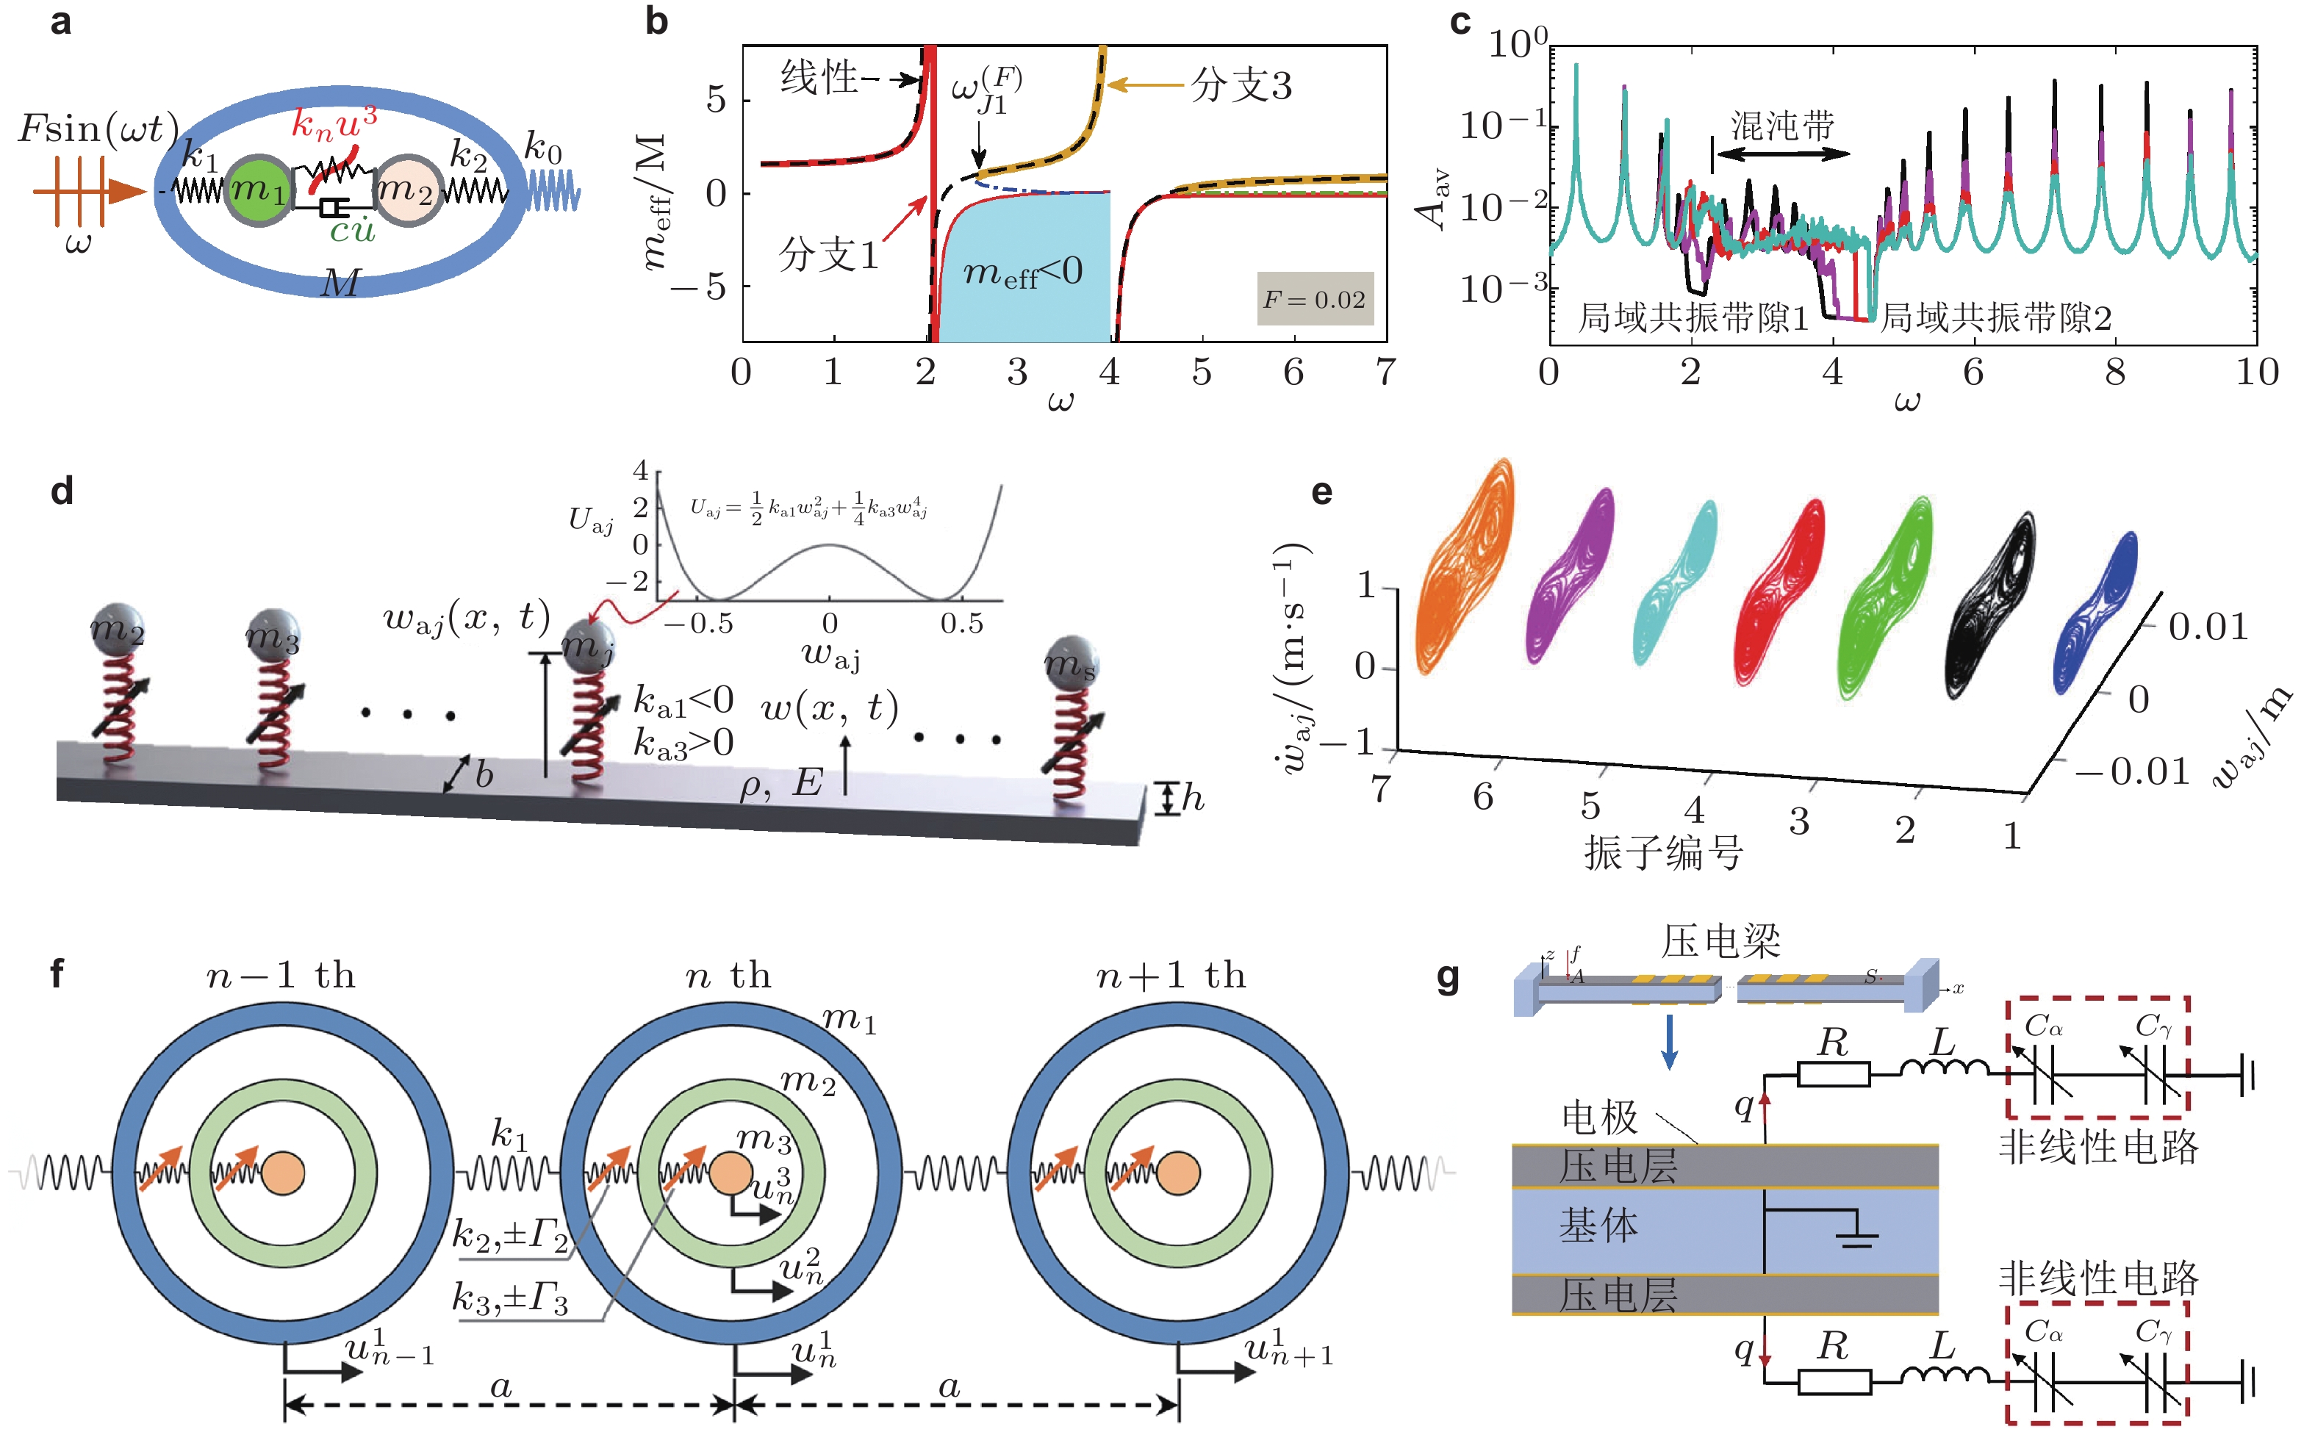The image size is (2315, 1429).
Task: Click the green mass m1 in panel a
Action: tap(259, 191)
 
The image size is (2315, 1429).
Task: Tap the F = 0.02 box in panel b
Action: tap(1314, 300)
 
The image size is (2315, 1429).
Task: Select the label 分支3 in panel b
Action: tap(1241, 85)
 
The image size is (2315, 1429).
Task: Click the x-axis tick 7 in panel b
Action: tap(1385, 372)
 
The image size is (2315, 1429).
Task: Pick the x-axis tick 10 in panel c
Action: tap(2256, 372)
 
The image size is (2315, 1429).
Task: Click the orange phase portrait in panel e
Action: tap(1463, 567)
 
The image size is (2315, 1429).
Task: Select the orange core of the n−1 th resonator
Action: tap(283, 1173)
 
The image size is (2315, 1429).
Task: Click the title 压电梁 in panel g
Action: tap(1720, 941)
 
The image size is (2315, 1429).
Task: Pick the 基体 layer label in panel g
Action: tap(1598, 1225)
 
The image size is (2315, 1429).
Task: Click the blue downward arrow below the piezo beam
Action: tap(1669, 1042)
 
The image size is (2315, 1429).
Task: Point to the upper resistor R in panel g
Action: tap(1833, 1075)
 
